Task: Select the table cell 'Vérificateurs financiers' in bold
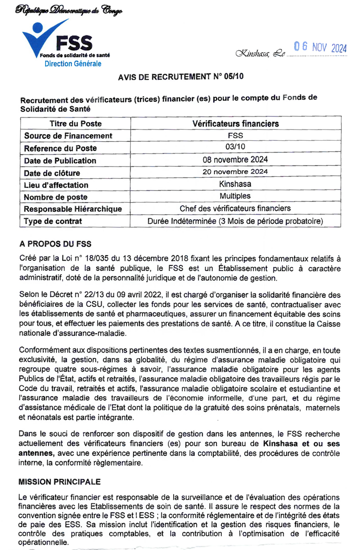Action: point(235,124)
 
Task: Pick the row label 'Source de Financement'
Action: point(68,136)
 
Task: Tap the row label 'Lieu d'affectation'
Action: point(56,185)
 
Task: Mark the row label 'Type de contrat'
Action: point(53,221)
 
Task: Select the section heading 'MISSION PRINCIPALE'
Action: point(60,482)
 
